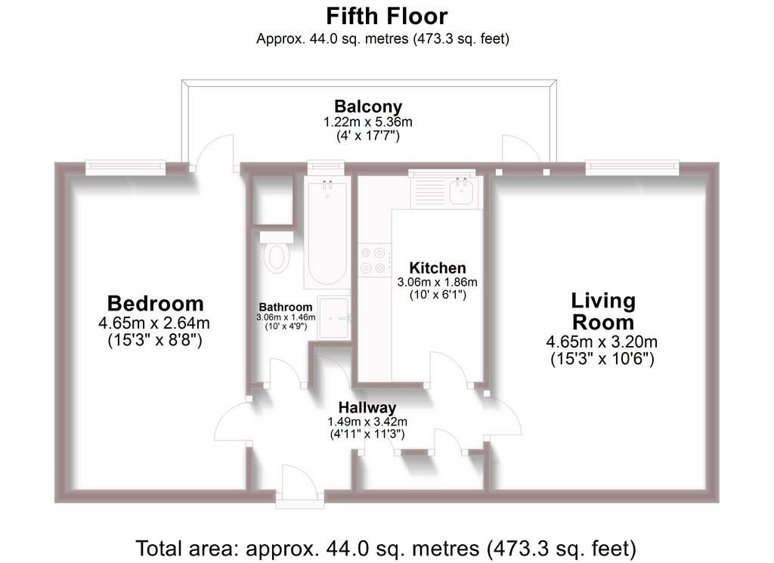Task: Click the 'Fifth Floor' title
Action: [386, 17]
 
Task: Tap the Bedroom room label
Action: [155, 303]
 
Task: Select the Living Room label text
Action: [602, 311]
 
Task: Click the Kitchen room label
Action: [438, 268]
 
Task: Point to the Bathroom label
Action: [285, 307]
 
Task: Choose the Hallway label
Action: [367, 407]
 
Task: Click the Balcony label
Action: [368, 106]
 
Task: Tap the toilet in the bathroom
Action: [277, 252]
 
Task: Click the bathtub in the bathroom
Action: [327, 233]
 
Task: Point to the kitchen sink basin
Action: [462, 191]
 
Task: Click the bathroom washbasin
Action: [334, 317]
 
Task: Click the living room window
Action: [633, 167]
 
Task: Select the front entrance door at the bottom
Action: [299, 486]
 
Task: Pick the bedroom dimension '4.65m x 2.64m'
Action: [154, 323]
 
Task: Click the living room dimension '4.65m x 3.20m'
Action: [602, 342]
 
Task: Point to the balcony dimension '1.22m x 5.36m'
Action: [368, 122]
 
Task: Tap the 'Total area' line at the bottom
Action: [386, 548]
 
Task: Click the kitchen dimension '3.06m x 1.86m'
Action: [438, 282]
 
